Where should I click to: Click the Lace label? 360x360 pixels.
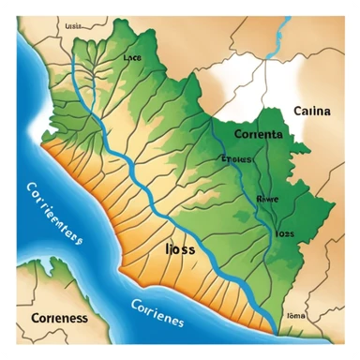132,57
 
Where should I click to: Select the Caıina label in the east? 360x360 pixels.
312,111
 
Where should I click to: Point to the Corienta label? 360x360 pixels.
254,135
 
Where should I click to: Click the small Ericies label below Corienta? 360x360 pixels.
236,159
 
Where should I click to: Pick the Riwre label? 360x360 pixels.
267,198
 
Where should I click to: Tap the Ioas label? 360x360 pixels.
284,232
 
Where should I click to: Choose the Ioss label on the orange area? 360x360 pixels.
180,250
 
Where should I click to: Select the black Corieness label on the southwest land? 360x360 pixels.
60,317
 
